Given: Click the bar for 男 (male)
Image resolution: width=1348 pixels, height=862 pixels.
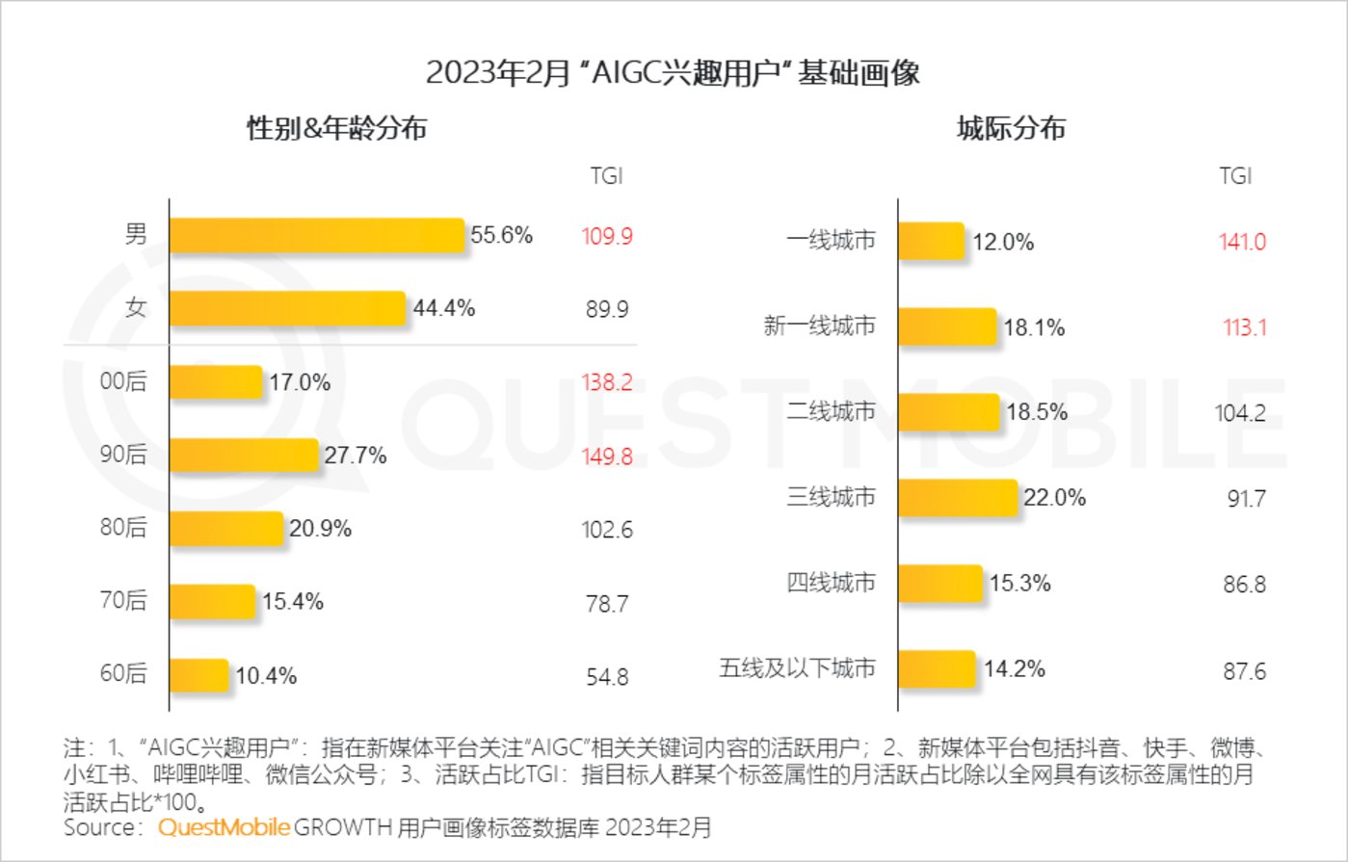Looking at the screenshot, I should [317, 236].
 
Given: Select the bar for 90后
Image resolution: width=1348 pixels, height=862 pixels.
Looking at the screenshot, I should [244, 456].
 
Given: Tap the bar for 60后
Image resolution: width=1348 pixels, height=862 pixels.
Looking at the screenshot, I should [199, 674].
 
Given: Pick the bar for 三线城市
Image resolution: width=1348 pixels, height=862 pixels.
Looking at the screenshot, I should [959, 498].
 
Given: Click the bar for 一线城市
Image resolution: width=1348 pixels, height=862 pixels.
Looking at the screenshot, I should [932, 241].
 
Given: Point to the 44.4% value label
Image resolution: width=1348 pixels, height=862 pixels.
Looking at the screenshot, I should [444, 309].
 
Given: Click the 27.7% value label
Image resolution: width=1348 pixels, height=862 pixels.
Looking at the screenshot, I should [356, 456].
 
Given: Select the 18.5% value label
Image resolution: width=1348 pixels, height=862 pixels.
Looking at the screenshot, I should [1037, 412].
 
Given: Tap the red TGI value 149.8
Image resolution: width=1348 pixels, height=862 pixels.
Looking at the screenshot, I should [607, 456].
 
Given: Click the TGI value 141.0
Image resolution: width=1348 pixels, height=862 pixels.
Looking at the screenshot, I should [1242, 242].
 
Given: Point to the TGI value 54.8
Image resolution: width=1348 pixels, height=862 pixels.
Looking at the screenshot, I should [607, 677].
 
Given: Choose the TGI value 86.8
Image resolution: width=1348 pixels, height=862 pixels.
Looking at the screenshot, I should [1245, 585].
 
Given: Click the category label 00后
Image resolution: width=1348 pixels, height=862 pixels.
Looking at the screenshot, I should [123, 381].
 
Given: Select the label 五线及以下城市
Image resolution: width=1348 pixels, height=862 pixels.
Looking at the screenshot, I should [797, 668].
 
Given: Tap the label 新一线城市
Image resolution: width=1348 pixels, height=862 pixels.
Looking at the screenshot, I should [819, 327].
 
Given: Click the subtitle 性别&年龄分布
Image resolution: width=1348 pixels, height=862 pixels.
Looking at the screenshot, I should [337, 128].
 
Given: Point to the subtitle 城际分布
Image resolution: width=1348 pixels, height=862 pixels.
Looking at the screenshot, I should [1011, 128].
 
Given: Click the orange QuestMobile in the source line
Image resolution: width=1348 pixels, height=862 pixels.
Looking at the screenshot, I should [224, 827].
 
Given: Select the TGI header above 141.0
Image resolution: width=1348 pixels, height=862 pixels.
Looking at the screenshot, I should [1235, 175].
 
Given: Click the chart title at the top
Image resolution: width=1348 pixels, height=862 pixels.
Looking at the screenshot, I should [673, 73].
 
